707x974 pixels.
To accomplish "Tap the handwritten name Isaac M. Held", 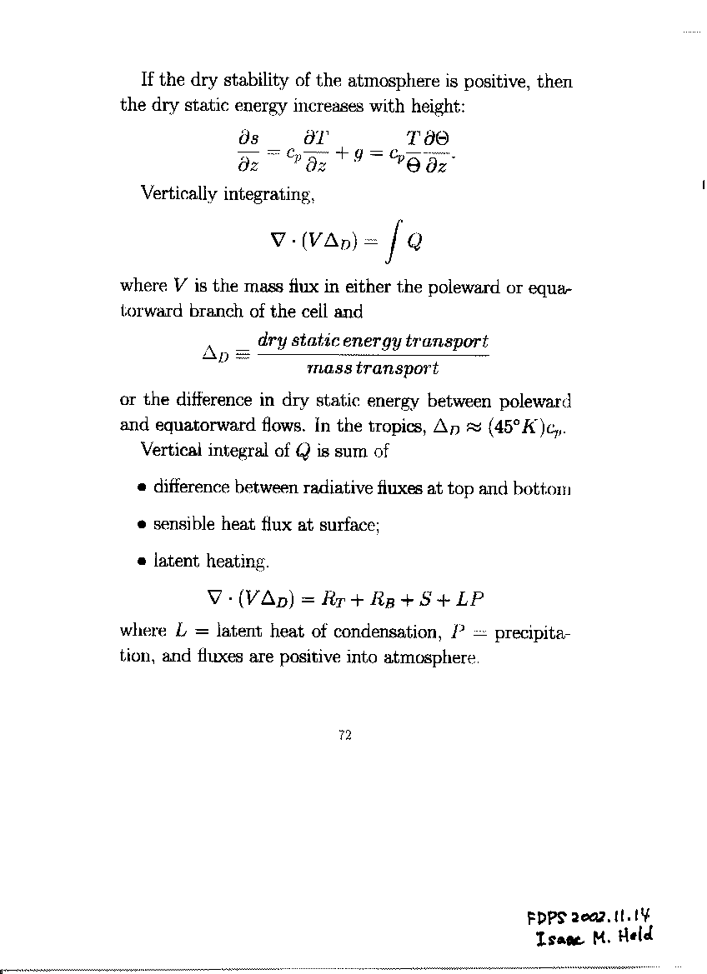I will (596, 938).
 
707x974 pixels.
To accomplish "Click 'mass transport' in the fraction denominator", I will (372, 367).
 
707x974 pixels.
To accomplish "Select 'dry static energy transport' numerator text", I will (373, 341).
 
